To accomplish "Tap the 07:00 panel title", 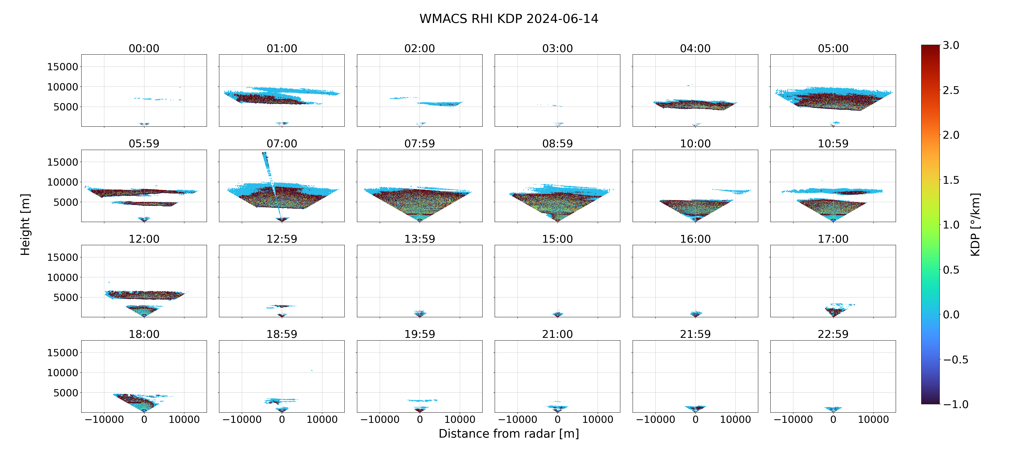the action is (x=282, y=143).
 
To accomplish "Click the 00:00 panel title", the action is (x=144, y=48).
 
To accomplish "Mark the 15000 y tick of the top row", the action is (x=62, y=67).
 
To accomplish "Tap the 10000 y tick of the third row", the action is (x=62, y=277).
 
